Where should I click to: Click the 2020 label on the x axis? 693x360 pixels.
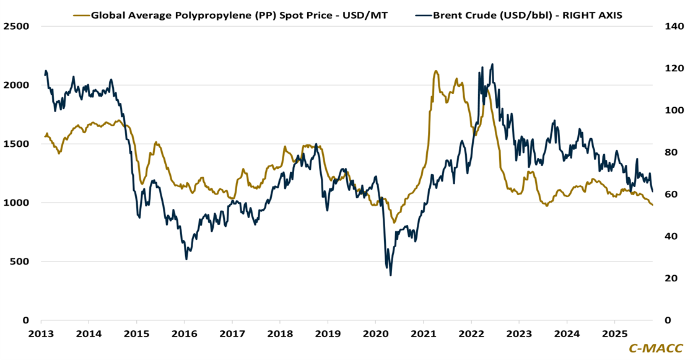[375, 333]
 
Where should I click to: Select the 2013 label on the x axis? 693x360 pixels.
[41, 333]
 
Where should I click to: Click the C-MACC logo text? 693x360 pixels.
[656, 349]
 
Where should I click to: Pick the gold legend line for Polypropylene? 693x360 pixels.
[80, 15]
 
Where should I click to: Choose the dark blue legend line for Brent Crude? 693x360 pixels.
[422, 15]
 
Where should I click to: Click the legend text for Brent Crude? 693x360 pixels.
[527, 15]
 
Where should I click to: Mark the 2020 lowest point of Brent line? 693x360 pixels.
[391, 274]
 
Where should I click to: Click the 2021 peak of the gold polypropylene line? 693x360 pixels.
[436, 71]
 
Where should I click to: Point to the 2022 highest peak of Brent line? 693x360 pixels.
[492, 64]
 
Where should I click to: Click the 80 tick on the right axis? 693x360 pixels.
[671, 152]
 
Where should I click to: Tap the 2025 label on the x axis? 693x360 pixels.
[614, 333]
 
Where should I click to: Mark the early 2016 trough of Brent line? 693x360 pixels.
[186, 258]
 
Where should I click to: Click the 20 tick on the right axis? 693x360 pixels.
[671, 278]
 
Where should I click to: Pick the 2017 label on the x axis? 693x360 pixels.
[232, 333]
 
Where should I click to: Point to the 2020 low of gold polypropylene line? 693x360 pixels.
[394, 222]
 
